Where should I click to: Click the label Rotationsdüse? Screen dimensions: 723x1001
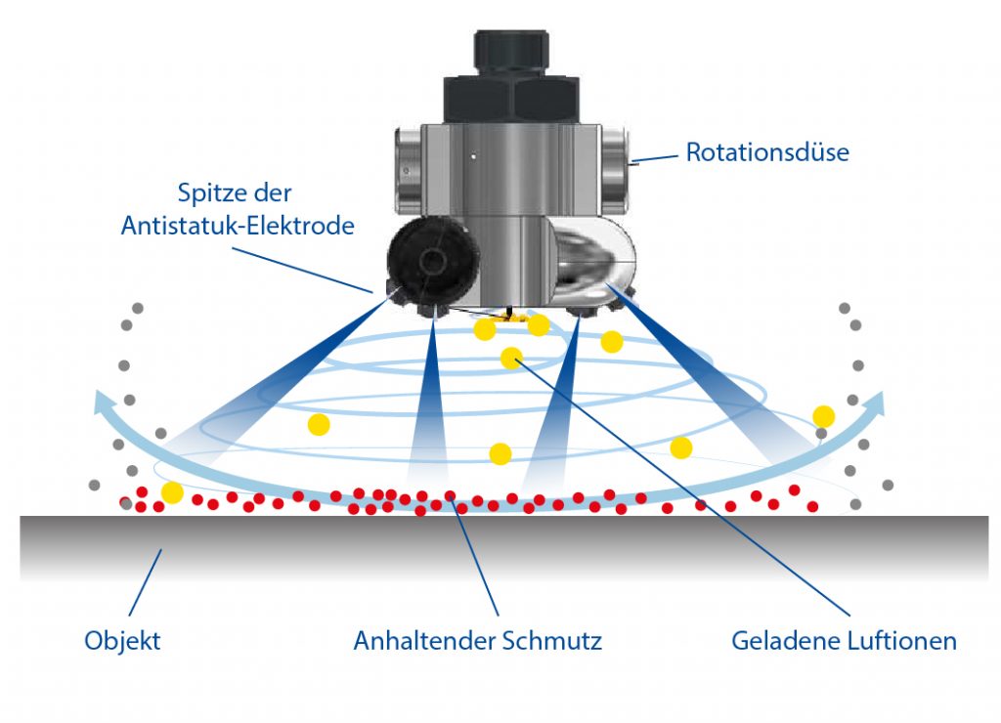766,152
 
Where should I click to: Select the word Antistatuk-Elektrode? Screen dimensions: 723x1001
238,225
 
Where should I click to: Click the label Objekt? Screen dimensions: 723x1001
122,641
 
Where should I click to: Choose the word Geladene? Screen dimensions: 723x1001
779,641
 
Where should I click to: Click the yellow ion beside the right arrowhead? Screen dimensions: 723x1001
824,416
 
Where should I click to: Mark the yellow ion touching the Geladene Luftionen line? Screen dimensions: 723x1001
511,358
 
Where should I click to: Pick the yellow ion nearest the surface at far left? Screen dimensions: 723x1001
172,492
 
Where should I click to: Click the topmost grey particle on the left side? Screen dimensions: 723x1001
138,308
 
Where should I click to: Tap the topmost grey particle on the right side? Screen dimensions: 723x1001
844,308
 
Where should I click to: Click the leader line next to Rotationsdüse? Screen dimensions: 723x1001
656,156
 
